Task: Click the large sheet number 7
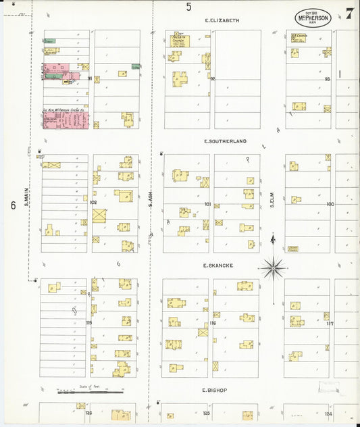349,14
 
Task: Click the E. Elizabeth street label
222,21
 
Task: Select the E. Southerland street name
225,141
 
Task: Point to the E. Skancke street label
218,266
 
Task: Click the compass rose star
273,269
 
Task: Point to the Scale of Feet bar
90,391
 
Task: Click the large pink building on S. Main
66,120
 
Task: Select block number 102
93,202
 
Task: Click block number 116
212,324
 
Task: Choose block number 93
327,79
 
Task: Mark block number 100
330,203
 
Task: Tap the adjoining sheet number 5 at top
188,7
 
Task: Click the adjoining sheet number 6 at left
12,205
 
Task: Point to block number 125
207,413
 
